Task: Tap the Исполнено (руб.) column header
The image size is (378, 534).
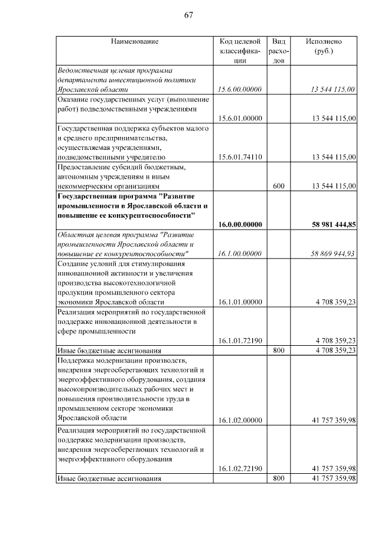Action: click(x=324, y=46)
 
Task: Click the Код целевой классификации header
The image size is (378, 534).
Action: click(x=240, y=51)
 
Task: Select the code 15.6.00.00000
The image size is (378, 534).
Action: click(x=240, y=90)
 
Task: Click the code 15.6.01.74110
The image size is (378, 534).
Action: click(x=240, y=157)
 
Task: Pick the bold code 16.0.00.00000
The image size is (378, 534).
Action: click(x=240, y=224)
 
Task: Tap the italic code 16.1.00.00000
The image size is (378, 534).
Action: click(x=240, y=253)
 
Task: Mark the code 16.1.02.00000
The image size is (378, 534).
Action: click(x=240, y=420)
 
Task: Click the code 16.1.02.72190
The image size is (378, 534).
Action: click(x=240, y=469)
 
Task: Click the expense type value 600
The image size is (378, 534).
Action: click(x=280, y=186)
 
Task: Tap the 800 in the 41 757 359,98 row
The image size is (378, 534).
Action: click(x=280, y=478)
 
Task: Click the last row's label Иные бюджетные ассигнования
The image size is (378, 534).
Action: click(x=109, y=478)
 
